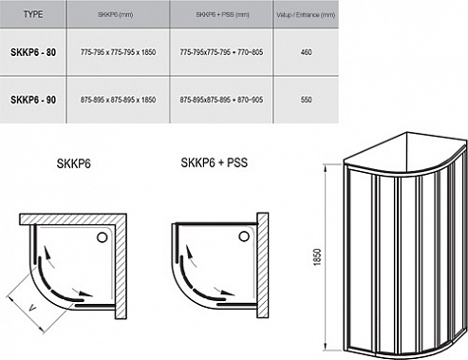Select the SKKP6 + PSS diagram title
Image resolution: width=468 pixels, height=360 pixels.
(x=211, y=161)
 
